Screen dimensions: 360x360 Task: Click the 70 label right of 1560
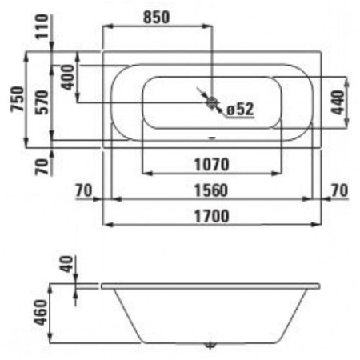click(x=339, y=190)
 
